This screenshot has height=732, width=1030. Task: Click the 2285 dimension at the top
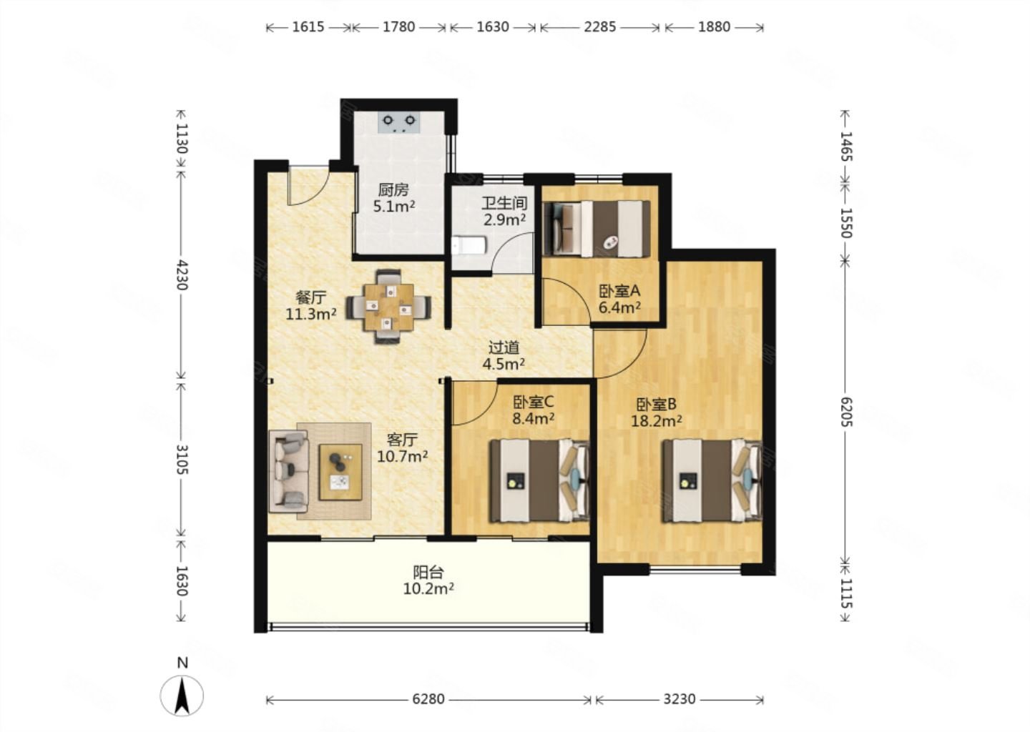[x=599, y=27]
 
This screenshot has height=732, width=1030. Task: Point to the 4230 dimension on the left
[x=182, y=274]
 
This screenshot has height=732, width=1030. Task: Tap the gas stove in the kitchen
[x=398, y=123]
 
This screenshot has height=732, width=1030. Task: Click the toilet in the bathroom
[x=469, y=245]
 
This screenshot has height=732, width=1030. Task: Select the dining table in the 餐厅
[x=388, y=307]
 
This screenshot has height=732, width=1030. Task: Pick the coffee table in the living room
[x=340, y=472]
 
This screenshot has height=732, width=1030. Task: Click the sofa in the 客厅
[x=288, y=472]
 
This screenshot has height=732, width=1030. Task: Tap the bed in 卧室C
[x=539, y=480]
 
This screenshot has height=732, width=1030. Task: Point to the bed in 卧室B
[x=712, y=480]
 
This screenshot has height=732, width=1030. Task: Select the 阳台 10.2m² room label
[x=428, y=580]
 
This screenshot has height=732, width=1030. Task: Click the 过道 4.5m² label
[x=504, y=356]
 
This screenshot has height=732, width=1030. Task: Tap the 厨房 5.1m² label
[x=393, y=197]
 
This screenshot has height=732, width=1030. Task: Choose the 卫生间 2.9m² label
[x=504, y=212]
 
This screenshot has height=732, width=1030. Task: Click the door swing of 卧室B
[x=620, y=353]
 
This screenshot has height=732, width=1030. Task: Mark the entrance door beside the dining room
[x=308, y=188]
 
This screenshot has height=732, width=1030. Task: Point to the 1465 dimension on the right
[x=846, y=147]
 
